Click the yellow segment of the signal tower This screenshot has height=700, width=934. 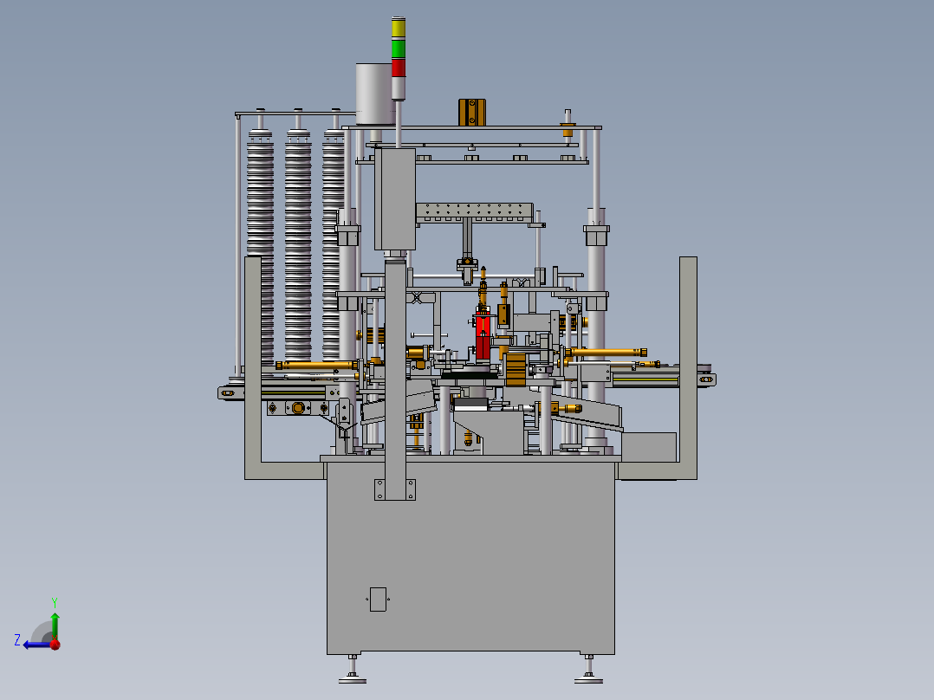398,29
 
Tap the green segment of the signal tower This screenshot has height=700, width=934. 398,49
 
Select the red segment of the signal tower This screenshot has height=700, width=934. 398,68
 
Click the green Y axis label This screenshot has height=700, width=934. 55,602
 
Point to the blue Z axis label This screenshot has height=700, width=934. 17,640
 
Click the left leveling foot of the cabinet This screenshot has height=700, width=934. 353,670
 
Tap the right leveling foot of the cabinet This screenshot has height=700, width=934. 588,670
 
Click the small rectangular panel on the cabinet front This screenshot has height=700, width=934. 378,600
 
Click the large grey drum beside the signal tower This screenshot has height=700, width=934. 375,94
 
